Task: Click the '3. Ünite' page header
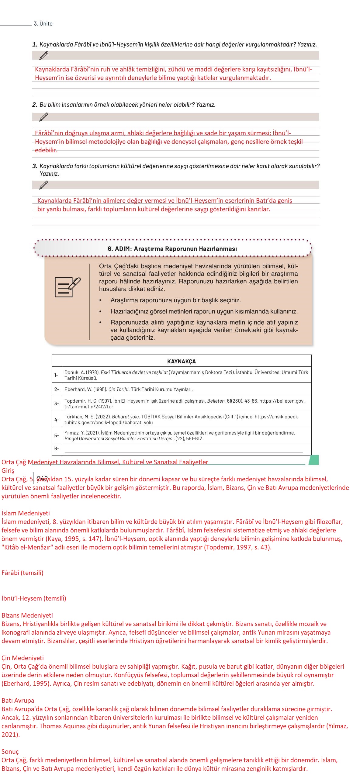click(x=43, y=24)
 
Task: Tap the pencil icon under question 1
click(x=44, y=55)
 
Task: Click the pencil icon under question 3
click(x=44, y=185)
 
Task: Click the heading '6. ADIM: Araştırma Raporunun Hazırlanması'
click(x=172, y=249)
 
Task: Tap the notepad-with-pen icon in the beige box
click(x=67, y=287)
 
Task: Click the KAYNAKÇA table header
click(x=181, y=361)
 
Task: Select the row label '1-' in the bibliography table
click(x=56, y=375)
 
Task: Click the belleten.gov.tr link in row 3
click(x=282, y=401)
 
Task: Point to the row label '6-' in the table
click(x=56, y=449)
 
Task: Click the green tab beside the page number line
click(x=314, y=460)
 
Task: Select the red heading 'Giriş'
click(x=8, y=471)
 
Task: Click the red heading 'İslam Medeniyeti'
click(x=26, y=513)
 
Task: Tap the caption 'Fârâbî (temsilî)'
click(x=22, y=573)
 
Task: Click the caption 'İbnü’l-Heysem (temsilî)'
click(x=34, y=598)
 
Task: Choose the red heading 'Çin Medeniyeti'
click(x=22, y=658)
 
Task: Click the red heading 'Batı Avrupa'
click(x=18, y=701)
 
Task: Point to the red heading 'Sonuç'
click(x=10, y=752)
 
